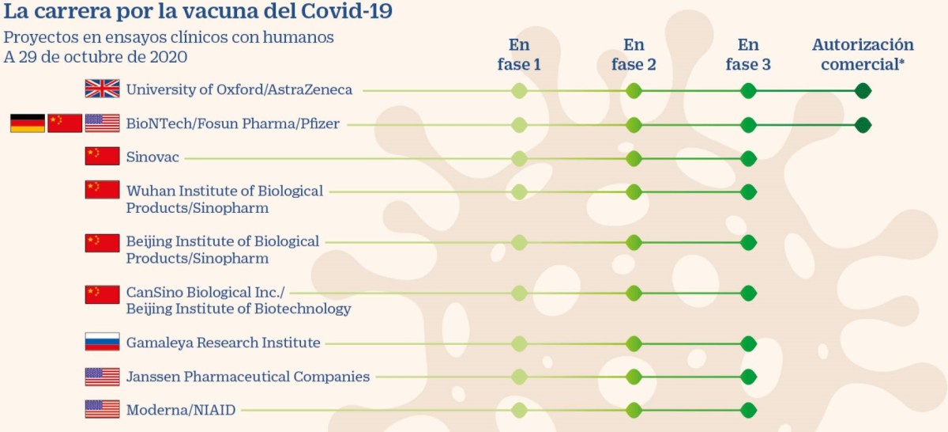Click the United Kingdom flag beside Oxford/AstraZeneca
(102, 89)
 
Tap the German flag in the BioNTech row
(27, 123)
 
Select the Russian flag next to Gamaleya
(102, 342)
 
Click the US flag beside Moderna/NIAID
(102, 409)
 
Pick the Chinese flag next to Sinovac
(102, 157)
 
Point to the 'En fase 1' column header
(519, 55)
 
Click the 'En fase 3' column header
(748, 55)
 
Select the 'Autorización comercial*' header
(863, 55)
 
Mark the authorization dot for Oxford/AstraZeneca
(863, 91)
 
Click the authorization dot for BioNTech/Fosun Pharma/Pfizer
(863, 125)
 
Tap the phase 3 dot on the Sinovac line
(748, 158)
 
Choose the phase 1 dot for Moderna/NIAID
(519, 410)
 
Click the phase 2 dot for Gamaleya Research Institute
(634, 343)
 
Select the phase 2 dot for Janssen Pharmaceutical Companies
(634, 377)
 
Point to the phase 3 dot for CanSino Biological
(748, 293)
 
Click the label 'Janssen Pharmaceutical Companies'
(247, 377)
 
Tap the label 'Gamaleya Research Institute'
(223, 343)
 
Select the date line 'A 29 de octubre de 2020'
(96, 57)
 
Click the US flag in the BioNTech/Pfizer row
(102, 123)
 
